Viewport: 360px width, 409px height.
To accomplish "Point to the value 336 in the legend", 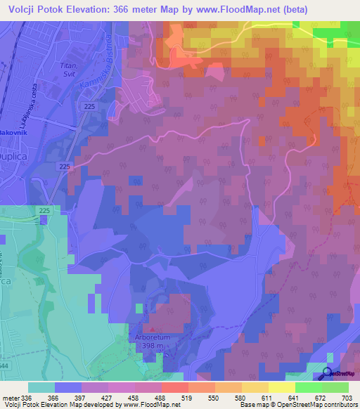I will point(28,397).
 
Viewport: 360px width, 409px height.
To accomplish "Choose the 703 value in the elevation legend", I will point(349,397).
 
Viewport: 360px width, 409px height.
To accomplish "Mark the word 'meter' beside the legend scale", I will point(11,397).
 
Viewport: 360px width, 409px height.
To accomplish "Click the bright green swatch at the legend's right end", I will point(335,387).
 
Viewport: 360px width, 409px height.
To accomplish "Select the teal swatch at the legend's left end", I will point(41,387).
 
